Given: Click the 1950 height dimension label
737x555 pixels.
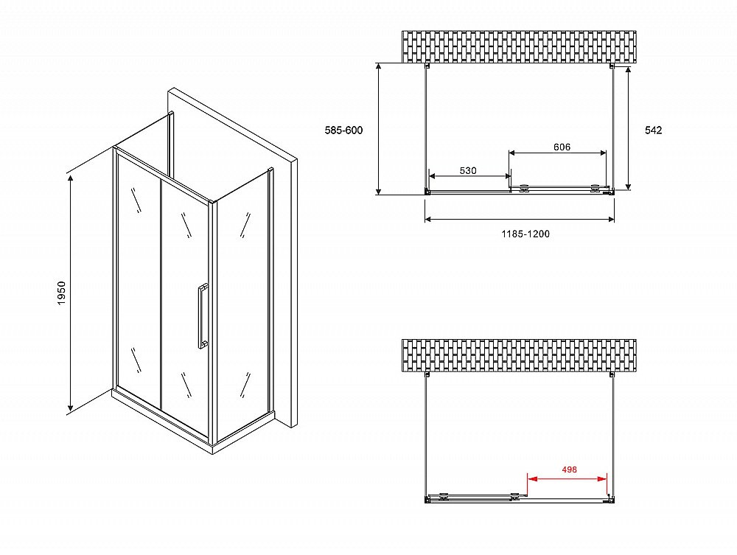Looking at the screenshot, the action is [x=62, y=293].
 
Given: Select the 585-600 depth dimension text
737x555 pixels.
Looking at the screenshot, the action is [x=343, y=130].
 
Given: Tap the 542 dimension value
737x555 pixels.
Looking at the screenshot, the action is [x=653, y=130].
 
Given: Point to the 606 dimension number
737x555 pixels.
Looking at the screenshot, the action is [x=562, y=147].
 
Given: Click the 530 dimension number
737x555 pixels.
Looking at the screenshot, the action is [x=468, y=170].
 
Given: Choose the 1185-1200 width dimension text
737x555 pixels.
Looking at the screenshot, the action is [x=525, y=234].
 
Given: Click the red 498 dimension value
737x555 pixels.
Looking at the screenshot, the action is [x=569, y=470].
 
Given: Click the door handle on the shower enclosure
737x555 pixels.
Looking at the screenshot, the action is [x=203, y=315].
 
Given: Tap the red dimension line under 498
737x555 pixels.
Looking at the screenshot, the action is [x=567, y=479].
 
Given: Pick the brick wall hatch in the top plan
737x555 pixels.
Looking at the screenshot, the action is [x=519, y=46].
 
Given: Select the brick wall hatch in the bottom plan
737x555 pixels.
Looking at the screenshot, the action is [x=519, y=355].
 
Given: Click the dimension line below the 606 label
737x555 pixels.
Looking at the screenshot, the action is [x=557, y=153].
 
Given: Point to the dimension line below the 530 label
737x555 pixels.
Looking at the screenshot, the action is [x=470, y=176].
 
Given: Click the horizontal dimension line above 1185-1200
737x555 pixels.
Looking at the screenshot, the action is [x=520, y=219].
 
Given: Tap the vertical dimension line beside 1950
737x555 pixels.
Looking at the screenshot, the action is [x=71, y=293].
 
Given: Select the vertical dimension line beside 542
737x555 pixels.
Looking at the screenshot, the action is [x=629, y=128].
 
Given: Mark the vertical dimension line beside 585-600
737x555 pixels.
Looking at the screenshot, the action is [x=378, y=129].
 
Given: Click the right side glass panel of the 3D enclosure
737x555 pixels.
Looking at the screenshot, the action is [x=242, y=305].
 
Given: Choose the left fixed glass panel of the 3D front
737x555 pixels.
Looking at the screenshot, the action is [x=139, y=282].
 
